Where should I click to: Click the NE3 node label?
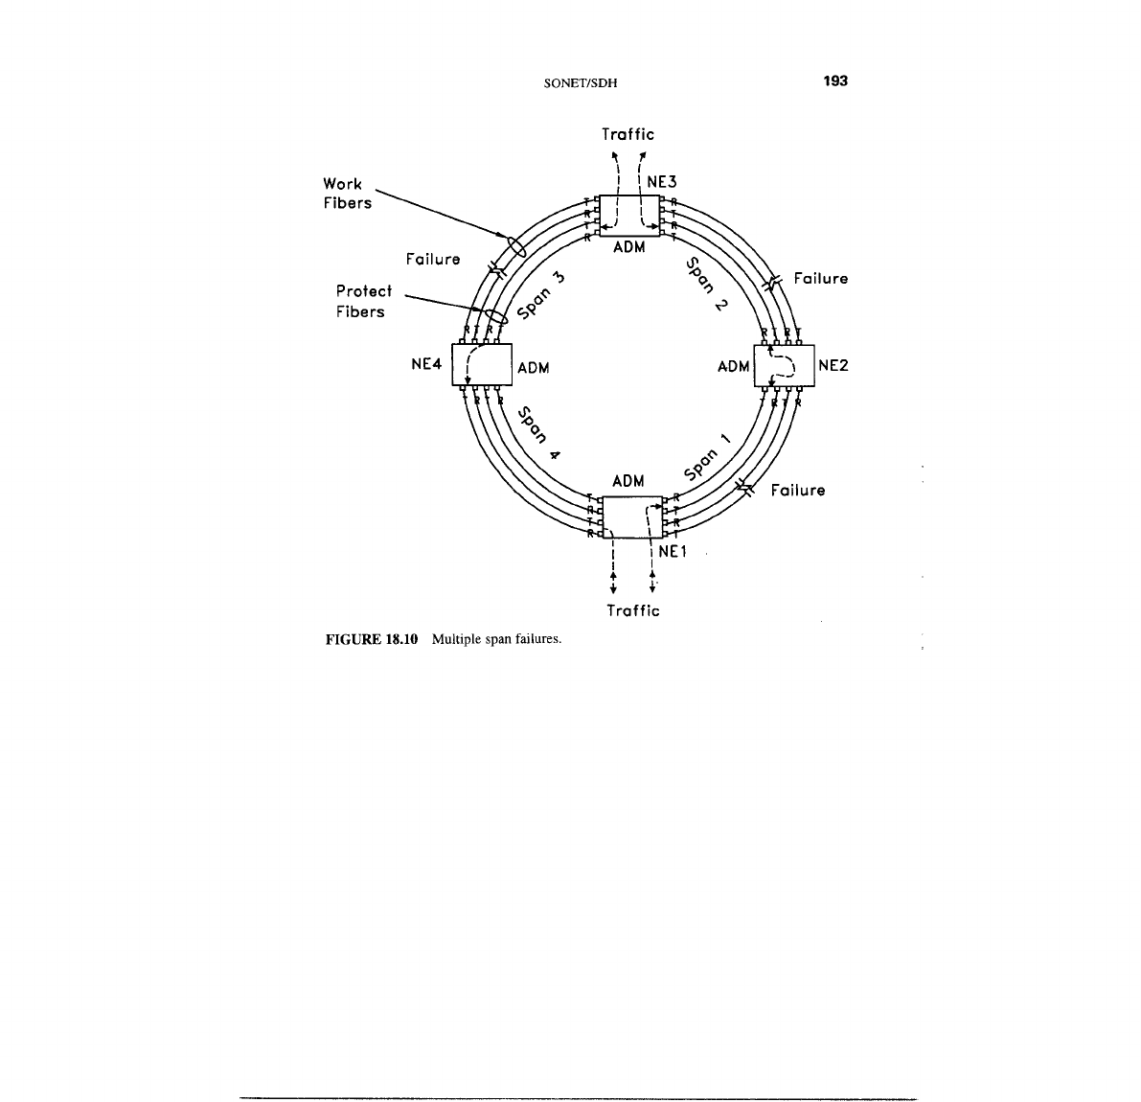(x=662, y=181)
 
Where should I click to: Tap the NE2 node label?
(x=833, y=365)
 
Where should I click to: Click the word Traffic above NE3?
(x=628, y=134)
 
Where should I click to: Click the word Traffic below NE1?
(x=633, y=610)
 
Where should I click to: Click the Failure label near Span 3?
(x=433, y=259)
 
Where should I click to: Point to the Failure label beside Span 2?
(x=821, y=279)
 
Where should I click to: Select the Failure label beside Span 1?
(x=798, y=491)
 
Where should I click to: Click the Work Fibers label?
(x=347, y=194)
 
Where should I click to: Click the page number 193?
(x=835, y=81)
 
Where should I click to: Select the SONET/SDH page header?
(x=580, y=82)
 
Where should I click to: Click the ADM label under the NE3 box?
(x=628, y=247)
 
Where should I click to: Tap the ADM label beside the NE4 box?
(x=533, y=368)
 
